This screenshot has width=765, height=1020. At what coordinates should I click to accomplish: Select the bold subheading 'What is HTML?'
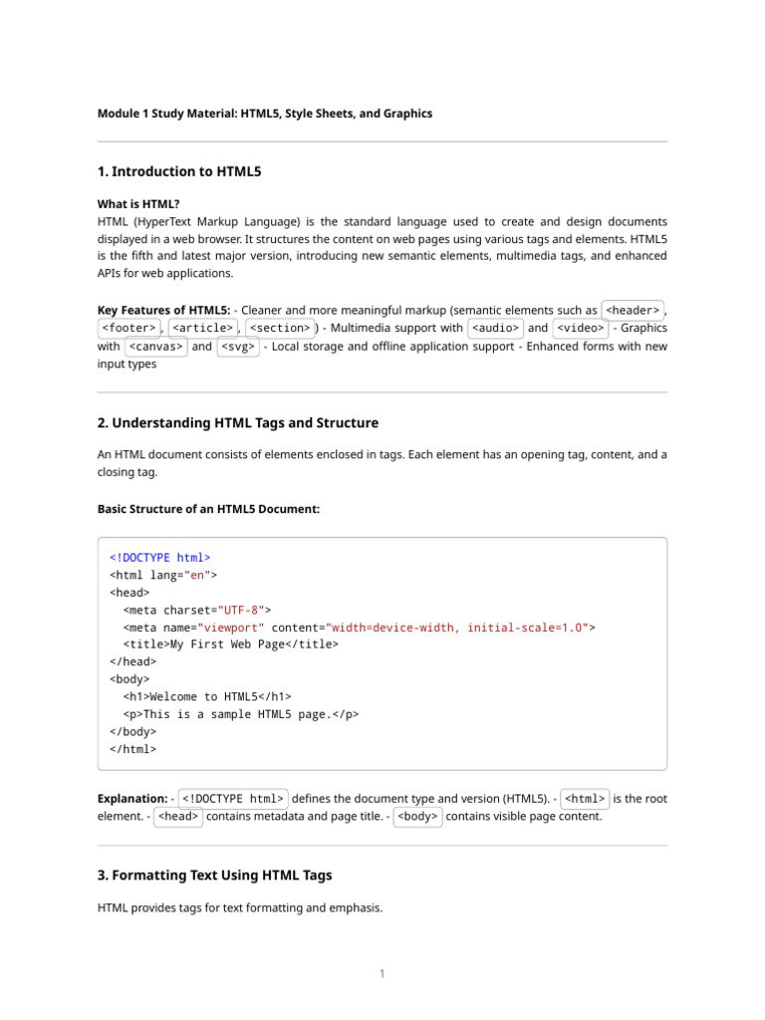pos(138,203)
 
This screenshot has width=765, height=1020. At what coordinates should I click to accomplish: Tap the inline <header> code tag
pos(633,310)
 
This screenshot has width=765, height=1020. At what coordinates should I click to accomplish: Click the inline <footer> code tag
pos(128,328)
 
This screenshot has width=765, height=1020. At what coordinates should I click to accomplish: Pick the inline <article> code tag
pos(202,328)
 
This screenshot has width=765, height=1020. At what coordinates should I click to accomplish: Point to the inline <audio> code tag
pos(495,328)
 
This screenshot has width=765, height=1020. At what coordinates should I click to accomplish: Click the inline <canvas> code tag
pos(154,347)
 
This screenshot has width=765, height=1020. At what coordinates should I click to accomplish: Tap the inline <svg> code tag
pos(238,347)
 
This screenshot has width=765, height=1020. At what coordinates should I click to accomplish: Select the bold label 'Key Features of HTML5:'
pos(164,310)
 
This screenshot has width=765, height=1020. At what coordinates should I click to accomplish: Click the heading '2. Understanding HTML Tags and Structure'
pos(238,423)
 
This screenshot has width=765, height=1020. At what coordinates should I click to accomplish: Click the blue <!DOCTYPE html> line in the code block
pos(159,558)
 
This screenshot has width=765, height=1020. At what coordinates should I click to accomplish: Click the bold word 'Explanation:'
pos(132,799)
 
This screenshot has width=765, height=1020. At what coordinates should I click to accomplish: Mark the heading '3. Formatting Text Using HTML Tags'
pos(215,876)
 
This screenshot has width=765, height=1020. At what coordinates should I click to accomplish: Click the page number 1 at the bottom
pos(382,974)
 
